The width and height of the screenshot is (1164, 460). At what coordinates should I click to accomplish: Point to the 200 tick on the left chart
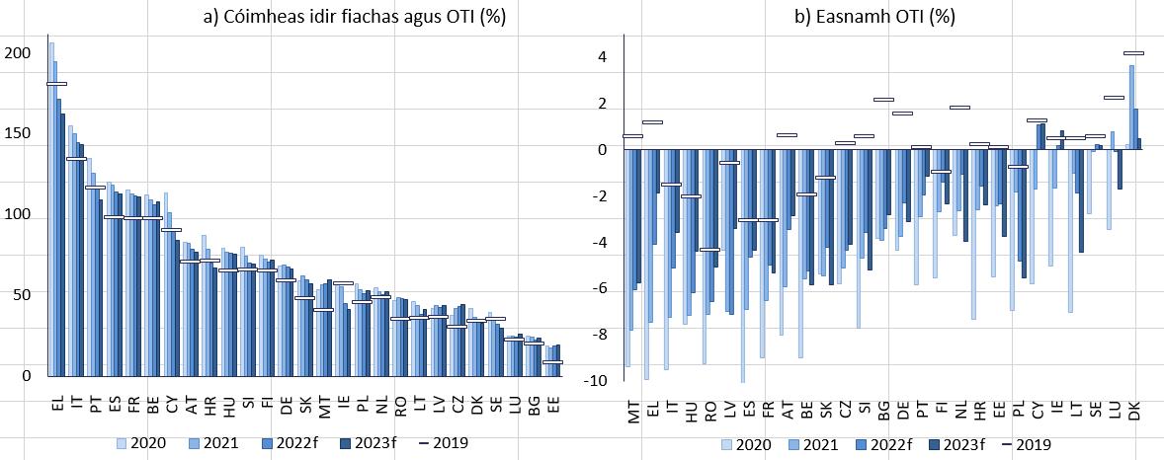[x=17, y=52]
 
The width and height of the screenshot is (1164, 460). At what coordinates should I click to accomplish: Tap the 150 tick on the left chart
[x=17, y=133]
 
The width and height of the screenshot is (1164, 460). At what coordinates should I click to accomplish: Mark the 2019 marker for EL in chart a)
[x=56, y=84]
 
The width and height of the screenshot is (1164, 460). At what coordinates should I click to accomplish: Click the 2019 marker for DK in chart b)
[x=1133, y=53]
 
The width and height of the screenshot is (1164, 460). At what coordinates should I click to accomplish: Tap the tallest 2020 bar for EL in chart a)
[x=50, y=207]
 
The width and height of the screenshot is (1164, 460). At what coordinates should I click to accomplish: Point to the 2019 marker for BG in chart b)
[x=883, y=100]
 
